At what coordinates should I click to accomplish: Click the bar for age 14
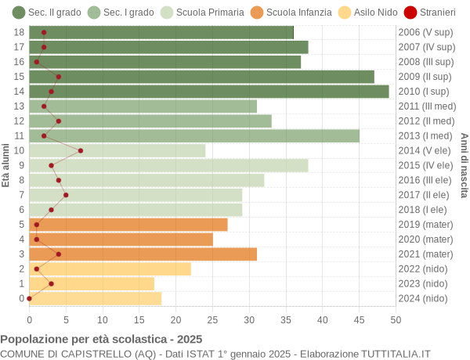click(209, 92)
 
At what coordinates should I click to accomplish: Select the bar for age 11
click(194, 136)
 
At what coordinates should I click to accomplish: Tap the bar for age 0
click(96, 298)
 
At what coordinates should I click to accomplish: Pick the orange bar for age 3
click(143, 254)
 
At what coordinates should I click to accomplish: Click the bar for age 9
click(168, 165)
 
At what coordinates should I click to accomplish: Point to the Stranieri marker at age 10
click(81, 150)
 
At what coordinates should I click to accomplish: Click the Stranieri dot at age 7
click(66, 195)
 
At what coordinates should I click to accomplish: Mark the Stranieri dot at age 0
click(30, 298)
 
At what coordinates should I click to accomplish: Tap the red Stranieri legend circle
click(410, 13)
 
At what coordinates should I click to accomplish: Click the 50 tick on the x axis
click(396, 319)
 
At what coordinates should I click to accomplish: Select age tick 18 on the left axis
click(20, 32)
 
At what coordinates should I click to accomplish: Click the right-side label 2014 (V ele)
click(425, 150)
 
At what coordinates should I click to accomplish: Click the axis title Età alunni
click(6, 165)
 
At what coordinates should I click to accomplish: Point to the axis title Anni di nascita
click(463, 165)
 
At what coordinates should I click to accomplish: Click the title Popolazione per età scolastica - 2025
click(101, 340)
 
